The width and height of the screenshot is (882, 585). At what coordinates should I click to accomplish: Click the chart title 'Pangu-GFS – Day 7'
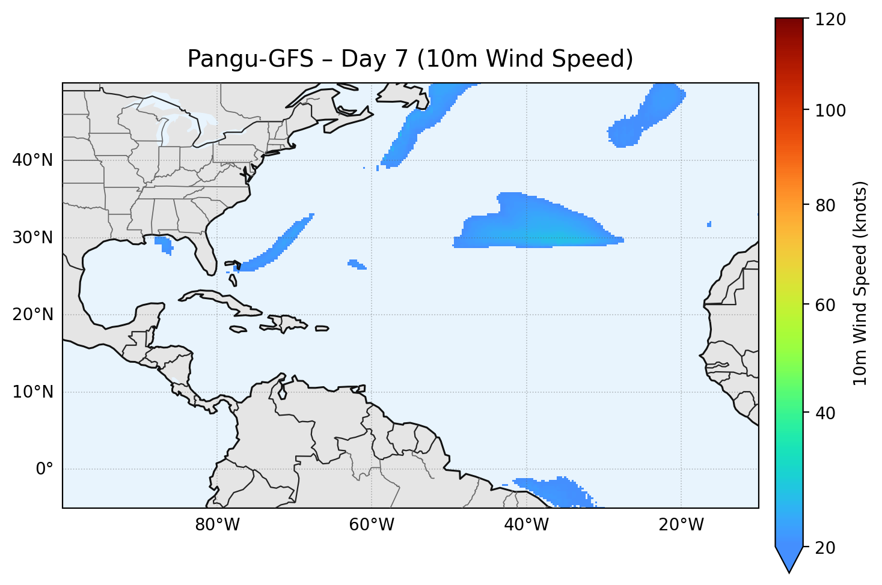(410, 59)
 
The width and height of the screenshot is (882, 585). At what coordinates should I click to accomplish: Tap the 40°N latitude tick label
(32, 160)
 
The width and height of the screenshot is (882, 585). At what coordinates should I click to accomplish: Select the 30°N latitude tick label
(32, 238)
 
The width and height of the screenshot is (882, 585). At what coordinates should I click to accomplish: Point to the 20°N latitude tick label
(32, 315)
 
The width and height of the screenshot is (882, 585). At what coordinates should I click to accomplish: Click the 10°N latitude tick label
(32, 392)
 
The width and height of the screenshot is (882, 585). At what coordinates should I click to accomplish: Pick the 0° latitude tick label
(44, 469)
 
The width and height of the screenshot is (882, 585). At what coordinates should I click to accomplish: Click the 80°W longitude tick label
(217, 525)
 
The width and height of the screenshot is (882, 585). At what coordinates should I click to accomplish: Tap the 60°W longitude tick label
(372, 525)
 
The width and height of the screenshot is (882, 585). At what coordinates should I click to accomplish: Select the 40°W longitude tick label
(526, 525)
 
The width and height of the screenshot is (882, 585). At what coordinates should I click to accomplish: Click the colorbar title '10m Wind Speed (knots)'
(860, 283)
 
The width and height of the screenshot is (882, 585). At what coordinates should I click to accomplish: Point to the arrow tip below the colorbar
(789, 571)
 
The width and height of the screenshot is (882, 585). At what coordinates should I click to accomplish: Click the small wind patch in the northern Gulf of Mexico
(164, 244)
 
